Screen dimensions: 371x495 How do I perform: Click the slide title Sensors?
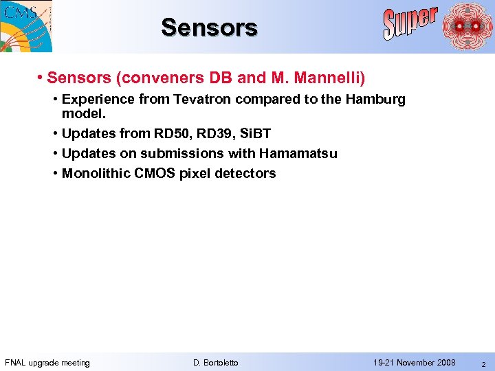(209, 27)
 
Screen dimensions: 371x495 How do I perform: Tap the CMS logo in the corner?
(25, 25)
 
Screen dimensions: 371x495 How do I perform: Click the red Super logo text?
(410, 23)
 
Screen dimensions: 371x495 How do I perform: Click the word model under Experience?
(82, 113)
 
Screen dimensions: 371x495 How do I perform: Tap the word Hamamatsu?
(298, 153)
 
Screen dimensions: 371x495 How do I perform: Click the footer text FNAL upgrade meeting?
(47, 363)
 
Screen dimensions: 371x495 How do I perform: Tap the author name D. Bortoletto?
(216, 363)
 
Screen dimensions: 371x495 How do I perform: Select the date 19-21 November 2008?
(414, 363)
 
